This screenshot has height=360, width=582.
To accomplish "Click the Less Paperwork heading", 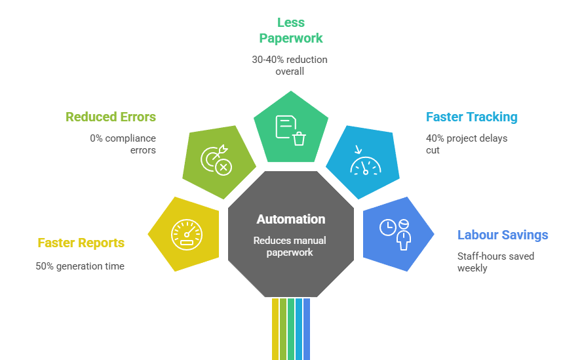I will pyautogui.click(x=290, y=30).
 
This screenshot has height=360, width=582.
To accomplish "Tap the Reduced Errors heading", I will pyautogui.click(x=111, y=117).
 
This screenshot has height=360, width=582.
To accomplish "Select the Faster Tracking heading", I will pyautogui.click(x=471, y=117).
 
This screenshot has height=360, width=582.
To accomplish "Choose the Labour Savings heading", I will pyautogui.click(x=503, y=235).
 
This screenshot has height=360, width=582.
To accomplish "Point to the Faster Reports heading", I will pyautogui.click(x=81, y=243).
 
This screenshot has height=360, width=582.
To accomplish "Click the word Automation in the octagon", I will pyautogui.click(x=290, y=219).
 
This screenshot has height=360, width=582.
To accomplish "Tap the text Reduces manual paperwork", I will pyautogui.click(x=290, y=247).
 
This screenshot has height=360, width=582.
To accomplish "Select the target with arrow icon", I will pyautogui.click(x=216, y=159).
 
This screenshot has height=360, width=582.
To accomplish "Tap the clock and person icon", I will pyautogui.click(x=395, y=231).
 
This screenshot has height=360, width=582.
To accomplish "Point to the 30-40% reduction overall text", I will pyautogui.click(x=290, y=65).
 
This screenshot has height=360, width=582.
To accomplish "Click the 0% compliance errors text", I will pyautogui.click(x=123, y=144).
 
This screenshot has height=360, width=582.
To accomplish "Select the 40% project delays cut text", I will pyautogui.click(x=466, y=144).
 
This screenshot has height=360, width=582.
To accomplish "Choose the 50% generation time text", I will pyautogui.click(x=80, y=266).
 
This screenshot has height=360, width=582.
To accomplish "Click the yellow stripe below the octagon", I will pyautogui.click(x=275, y=328).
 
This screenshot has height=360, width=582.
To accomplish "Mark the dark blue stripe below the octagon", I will pyautogui.click(x=307, y=328).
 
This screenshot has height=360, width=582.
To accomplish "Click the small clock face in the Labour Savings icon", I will pyautogui.click(x=387, y=227).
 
